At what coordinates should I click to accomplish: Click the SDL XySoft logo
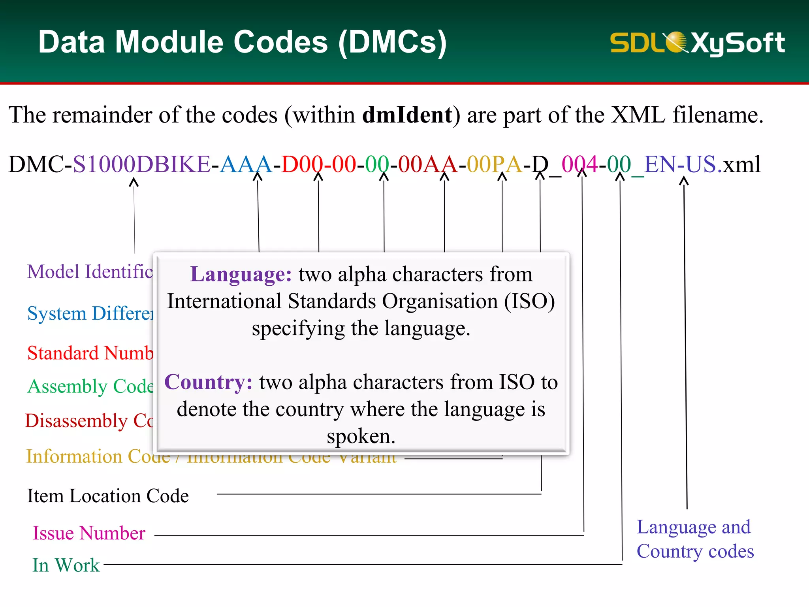[x=697, y=43]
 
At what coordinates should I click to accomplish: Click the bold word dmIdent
[x=407, y=115]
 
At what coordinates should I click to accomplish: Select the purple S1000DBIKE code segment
[x=141, y=164]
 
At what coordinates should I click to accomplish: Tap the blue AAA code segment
[x=246, y=164]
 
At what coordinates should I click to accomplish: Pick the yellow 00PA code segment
[x=494, y=164]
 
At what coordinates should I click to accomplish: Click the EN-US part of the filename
[x=680, y=164]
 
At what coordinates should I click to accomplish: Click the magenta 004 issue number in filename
[x=579, y=164]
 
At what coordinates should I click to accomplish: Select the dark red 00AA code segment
[x=428, y=164]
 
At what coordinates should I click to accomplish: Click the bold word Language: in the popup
[x=241, y=274]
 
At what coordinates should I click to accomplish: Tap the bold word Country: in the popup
[x=208, y=382]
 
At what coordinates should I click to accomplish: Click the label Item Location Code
[x=108, y=496]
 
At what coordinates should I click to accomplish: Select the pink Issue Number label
[x=89, y=533]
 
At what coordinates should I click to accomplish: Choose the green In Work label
[x=66, y=565]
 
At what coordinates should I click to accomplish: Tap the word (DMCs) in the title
[x=392, y=43]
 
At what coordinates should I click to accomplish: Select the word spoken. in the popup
[x=361, y=436]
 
